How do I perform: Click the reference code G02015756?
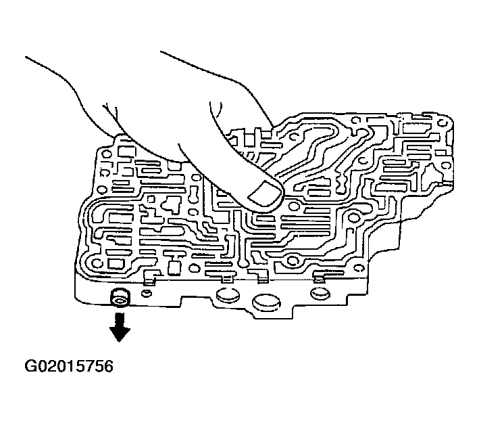point(68,367)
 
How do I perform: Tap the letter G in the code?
point(32,367)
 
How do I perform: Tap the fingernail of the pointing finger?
point(263,196)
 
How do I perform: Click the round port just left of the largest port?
point(227,296)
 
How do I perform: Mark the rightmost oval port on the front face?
point(318,292)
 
